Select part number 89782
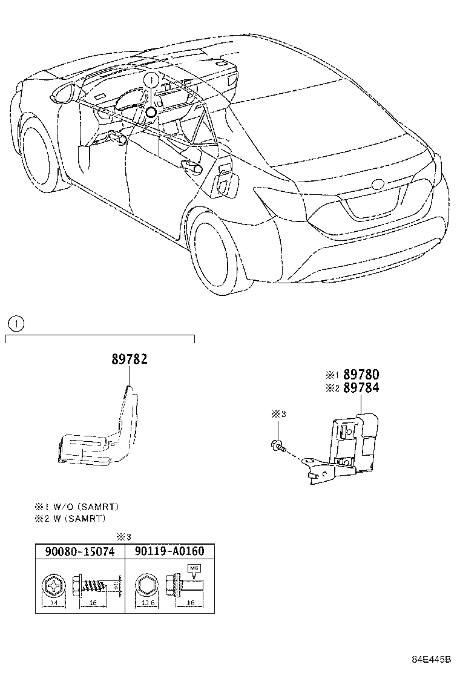[129, 359]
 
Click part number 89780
[361, 375]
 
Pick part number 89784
[361, 388]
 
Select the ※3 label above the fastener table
[123, 536]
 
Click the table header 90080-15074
[80, 551]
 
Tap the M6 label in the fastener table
[194, 568]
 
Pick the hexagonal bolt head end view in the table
[145, 586]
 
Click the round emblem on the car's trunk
[378, 184]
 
